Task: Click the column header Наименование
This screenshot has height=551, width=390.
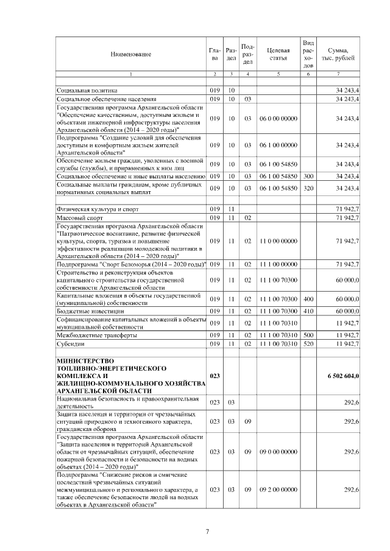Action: [131, 55]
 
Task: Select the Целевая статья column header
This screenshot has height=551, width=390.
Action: [277, 55]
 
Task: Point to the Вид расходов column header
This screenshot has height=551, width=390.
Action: [308, 54]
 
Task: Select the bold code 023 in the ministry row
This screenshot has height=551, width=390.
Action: [214, 376]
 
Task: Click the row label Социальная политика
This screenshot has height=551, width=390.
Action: [82, 90]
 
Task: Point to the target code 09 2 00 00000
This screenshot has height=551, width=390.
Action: [278, 489]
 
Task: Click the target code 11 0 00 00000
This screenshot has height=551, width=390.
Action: [278, 241]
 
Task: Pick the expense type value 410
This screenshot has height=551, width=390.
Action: [308, 311]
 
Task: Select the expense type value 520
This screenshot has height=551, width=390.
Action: [308, 344]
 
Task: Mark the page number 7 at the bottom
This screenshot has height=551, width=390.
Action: [207, 532]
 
